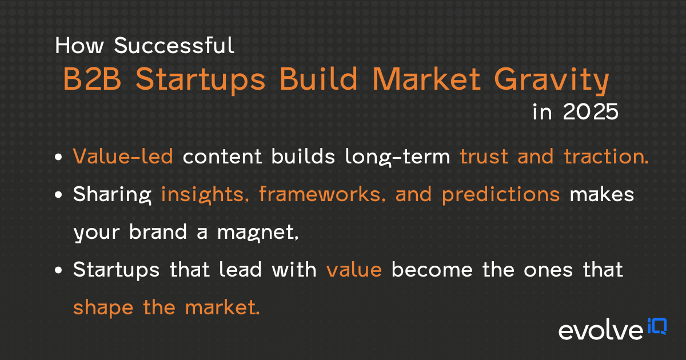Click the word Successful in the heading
click(174, 46)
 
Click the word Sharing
click(112, 194)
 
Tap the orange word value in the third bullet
click(354, 269)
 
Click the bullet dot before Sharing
click(59, 195)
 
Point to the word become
click(435, 269)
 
